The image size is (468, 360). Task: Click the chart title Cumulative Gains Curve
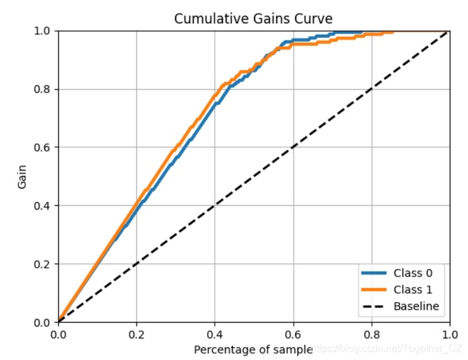(x=253, y=18)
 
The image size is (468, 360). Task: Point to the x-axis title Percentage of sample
(x=253, y=349)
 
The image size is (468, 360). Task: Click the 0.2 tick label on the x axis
(x=136, y=334)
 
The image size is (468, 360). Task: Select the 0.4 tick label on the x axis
(x=215, y=334)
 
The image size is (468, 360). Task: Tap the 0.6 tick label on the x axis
(x=293, y=334)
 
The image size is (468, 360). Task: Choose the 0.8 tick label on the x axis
(x=371, y=334)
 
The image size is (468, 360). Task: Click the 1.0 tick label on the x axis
(x=449, y=334)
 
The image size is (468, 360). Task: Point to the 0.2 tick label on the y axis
(x=43, y=264)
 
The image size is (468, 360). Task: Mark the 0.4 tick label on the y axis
(x=43, y=206)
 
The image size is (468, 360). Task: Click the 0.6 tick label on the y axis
(x=43, y=148)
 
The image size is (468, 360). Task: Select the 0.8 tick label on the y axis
(x=43, y=90)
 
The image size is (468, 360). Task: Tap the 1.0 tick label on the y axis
(x=43, y=31)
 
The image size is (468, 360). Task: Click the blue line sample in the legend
(x=373, y=273)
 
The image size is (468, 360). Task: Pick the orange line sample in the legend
(x=373, y=291)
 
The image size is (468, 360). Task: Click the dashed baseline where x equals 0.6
(x=293, y=147)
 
